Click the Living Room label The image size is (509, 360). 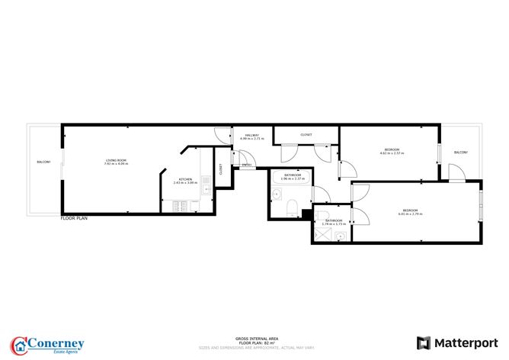click(x=116, y=159)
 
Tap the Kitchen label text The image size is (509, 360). click(x=184, y=179)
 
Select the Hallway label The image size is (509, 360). click(x=251, y=135)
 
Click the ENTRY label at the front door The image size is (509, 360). click(x=247, y=165)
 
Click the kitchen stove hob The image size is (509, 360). click(x=182, y=206)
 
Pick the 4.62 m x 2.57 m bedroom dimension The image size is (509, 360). click(x=392, y=153)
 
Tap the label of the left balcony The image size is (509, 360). click(x=43, y=162)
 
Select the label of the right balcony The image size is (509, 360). click(x=460, y=153)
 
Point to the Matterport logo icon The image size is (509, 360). click(x=424, y=342)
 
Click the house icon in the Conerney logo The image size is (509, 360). click(x=19, y=344)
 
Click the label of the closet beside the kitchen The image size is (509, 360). click(x=220, y=169)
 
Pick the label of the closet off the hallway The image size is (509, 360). click(x=306, y=134)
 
